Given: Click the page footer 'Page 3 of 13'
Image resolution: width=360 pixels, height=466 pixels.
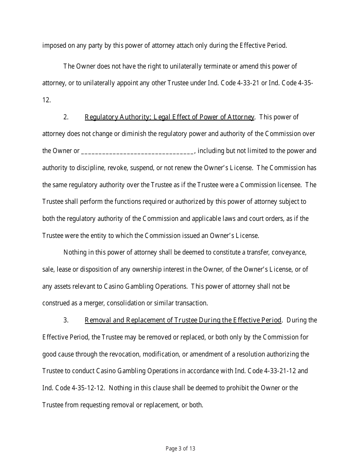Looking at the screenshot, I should click(x=180, y=449).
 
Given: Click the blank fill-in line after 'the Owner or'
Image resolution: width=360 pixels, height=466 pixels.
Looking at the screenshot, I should click(x=137, y=151).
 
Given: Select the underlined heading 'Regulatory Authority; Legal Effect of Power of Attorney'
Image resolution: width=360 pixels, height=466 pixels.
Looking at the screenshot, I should click(x=169, y=117).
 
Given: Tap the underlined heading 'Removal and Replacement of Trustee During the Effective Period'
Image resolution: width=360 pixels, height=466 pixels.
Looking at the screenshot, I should click(x=183, y=320).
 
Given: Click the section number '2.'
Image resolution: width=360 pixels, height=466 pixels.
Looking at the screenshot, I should click(x=66, y=117).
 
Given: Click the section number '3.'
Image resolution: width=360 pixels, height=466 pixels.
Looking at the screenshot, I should click(x=66, y=320).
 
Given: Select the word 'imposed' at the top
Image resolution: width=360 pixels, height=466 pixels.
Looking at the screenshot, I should click(x=52, y=46).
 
